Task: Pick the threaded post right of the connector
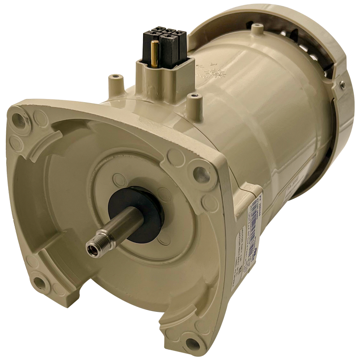pos(194,101)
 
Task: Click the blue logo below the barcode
pos(255,254)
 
